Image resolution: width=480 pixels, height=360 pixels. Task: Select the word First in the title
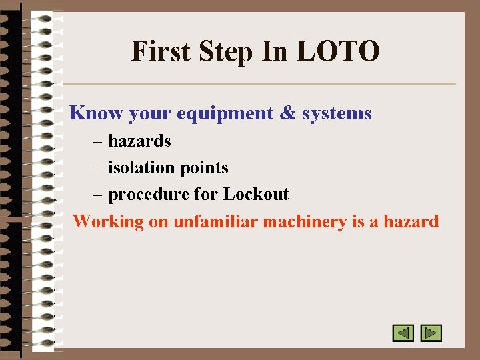click(159, 51)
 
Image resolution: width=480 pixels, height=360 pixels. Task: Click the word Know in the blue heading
click(96, 113)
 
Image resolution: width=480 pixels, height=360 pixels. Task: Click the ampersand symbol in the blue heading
click(287, 113)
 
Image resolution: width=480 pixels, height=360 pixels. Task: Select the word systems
click(337, 114)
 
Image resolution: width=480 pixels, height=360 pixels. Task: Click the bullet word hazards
click(139, 141)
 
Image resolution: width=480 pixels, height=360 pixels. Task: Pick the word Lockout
click(256, 195)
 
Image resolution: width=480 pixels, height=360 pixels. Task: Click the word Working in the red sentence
click(108, 222)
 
